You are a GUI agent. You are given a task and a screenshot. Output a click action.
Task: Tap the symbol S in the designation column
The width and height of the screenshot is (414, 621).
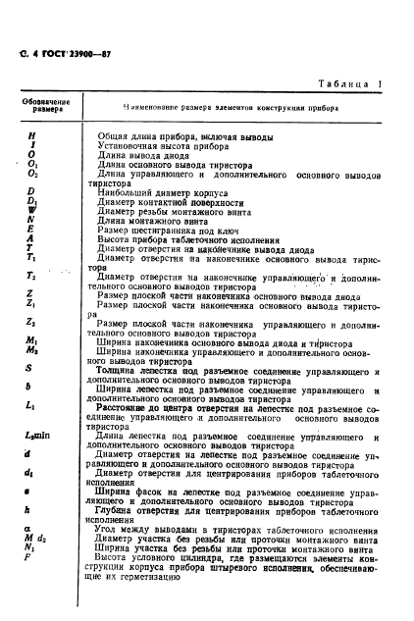click(32, 366)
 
